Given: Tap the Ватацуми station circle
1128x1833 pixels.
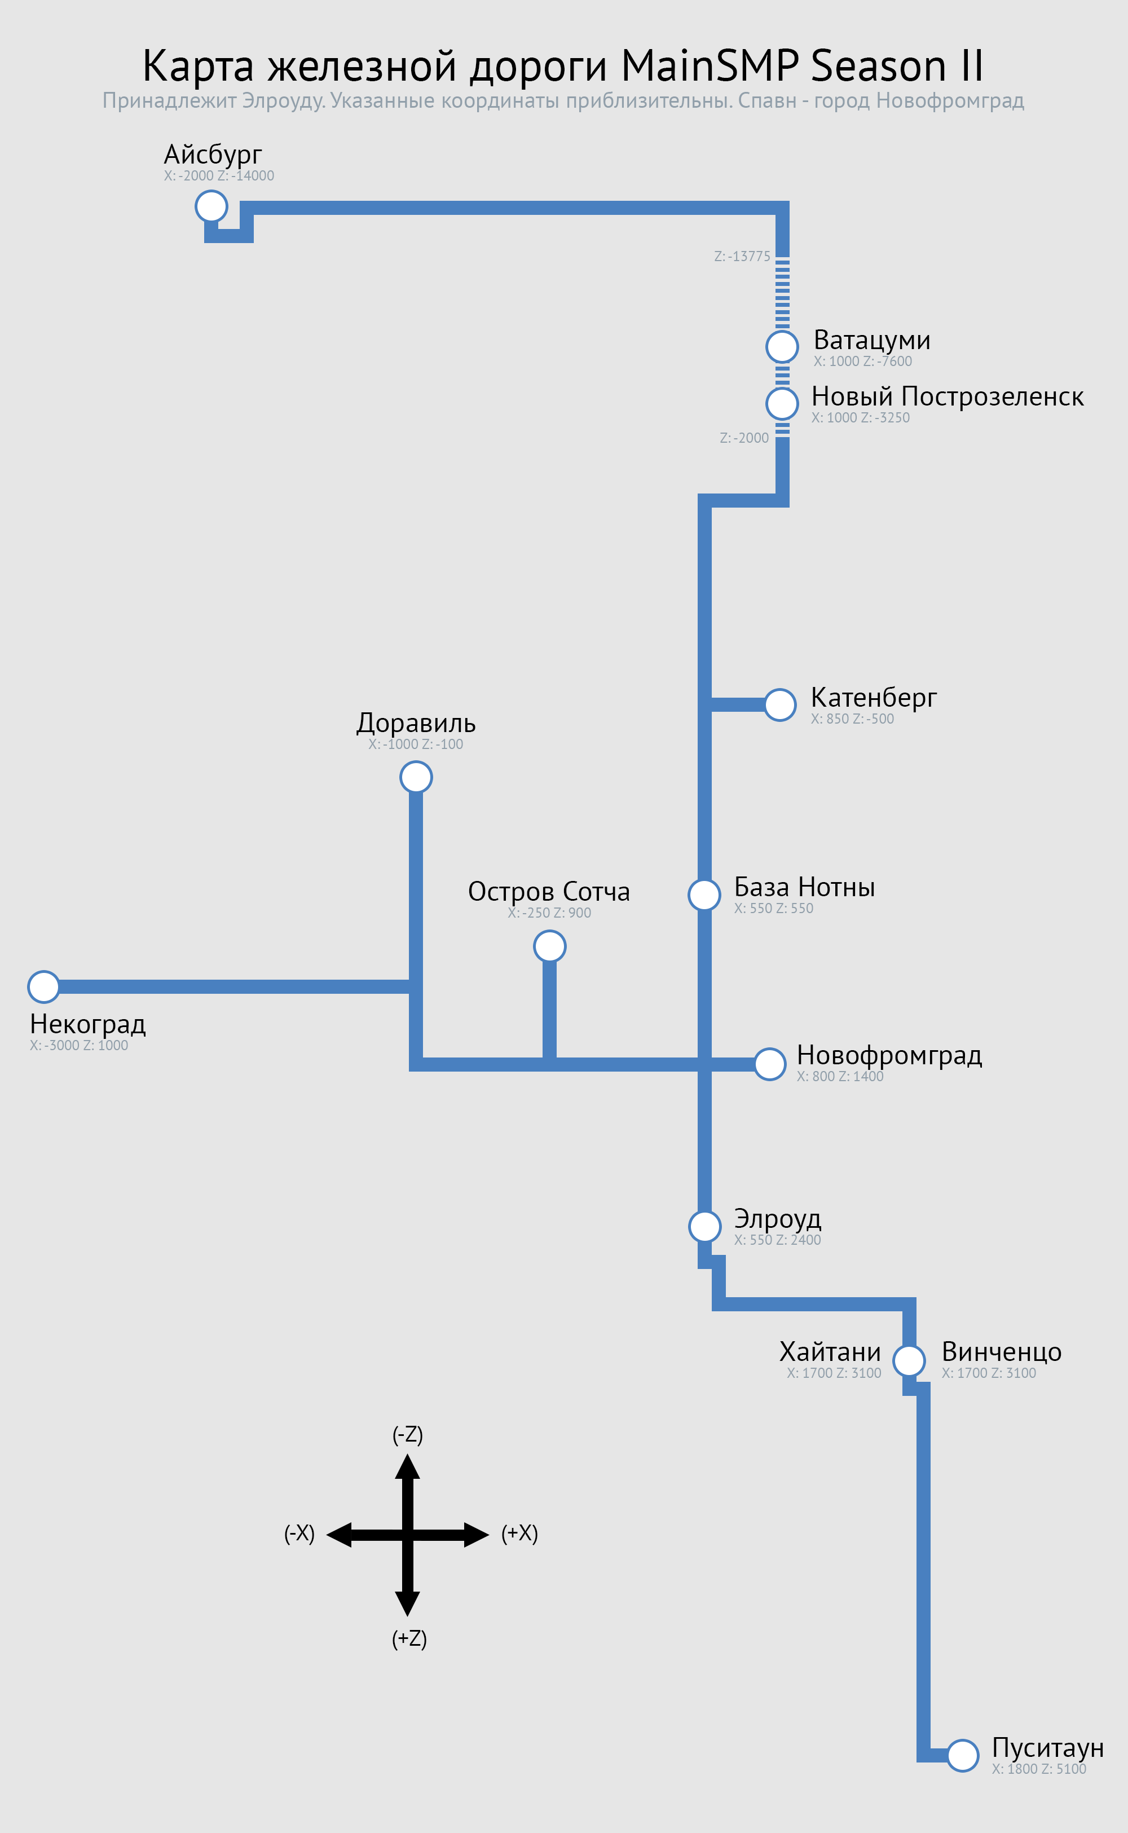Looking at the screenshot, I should [x=782, y=346].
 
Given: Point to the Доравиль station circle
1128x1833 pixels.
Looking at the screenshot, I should [x=416, y=777].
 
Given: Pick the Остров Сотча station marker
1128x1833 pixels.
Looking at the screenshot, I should [x=549, y=946].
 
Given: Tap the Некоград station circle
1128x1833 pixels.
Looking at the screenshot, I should [x=44, y=986].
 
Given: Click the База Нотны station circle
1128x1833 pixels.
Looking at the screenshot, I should [x=704, y=894].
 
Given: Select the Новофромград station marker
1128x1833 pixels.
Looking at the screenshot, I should [x=769, y=1064].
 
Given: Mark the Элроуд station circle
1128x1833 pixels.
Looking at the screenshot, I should [x=704, y=1226].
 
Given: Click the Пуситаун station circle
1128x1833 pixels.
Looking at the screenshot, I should [x=962, y=1755].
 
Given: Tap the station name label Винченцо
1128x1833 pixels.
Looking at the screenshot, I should [x=1001, y=1352].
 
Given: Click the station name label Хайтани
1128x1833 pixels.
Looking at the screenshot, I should [x=830, y=1352].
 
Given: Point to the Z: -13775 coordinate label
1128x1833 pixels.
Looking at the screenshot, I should [x=742, y=256].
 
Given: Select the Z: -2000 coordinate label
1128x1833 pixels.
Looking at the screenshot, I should [x=744, y=438].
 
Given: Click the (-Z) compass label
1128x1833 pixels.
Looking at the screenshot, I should [x=407, y=1435].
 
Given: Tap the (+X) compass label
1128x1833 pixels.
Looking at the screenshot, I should [x=519, y=1533].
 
